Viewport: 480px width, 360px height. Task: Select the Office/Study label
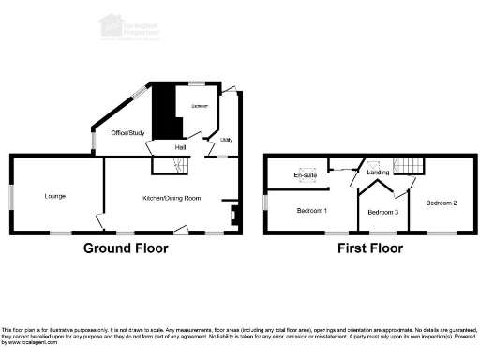(x=127, y=133)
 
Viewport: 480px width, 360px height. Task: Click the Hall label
(x=180, y=147)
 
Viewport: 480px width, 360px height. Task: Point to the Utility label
(x=226, y=141)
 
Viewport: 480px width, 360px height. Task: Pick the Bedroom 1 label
(x=311, y=210)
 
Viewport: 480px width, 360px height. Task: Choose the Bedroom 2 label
(x=442, y=202)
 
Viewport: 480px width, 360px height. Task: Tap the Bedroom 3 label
(x=382, y=212)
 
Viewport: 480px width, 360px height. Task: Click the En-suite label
(x=305, y=175)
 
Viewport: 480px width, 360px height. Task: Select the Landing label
(x=378, y=172)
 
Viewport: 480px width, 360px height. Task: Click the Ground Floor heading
(x=126, y=248)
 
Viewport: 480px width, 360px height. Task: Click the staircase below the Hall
(x=172, y=166)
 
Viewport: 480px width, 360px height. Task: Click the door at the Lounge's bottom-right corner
(x=99, y=221)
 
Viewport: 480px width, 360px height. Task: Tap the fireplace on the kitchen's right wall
(x=233, y=213)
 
